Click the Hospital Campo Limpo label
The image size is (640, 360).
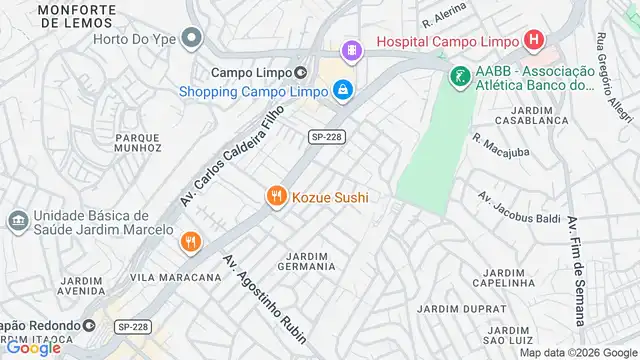click(x=447, y=41)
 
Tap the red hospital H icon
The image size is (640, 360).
click(x=534, y=41)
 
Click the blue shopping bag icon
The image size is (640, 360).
click(x=343, y=90)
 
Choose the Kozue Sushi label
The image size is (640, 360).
click(x=330, y=198)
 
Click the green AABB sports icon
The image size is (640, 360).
click(x=459, y=75)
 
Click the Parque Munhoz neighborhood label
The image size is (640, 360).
click(x=138, y=141)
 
